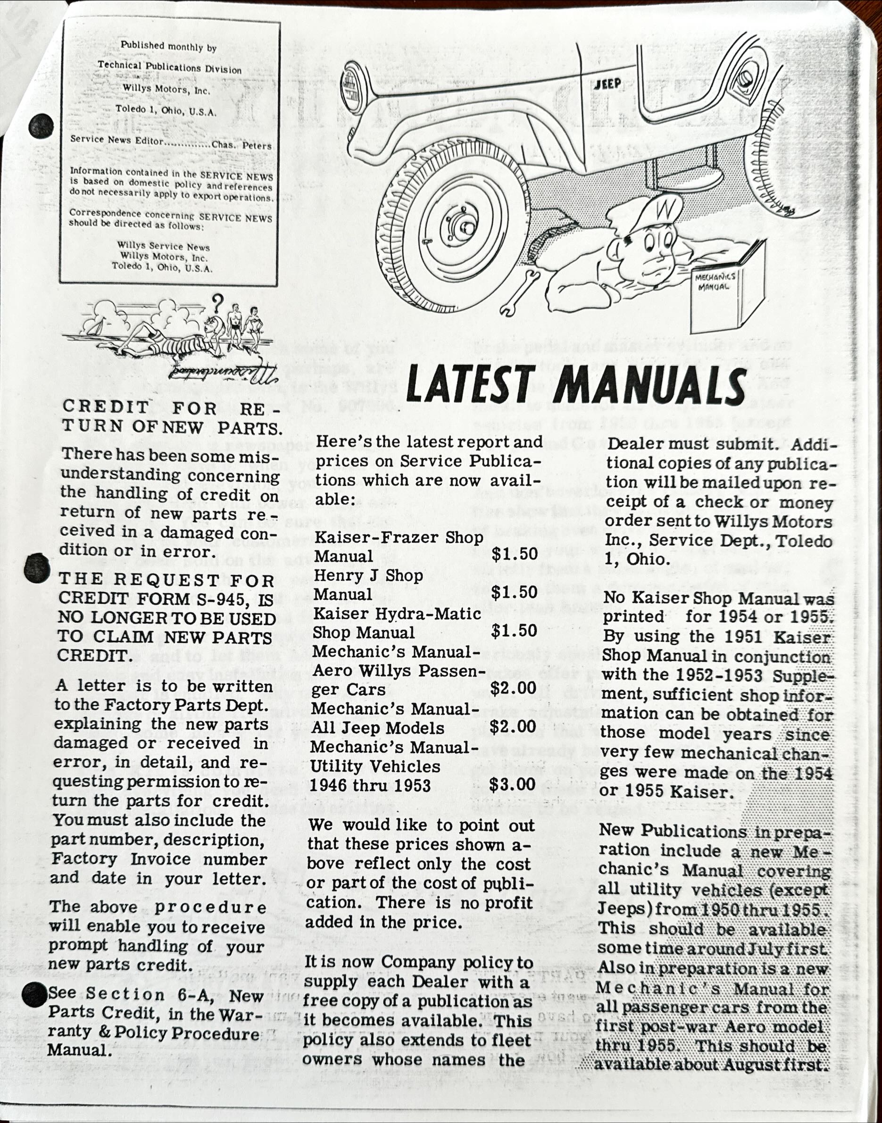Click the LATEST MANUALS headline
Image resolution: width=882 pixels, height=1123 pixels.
pyautogui.click(x=576, y=385)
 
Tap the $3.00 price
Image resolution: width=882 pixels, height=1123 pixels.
pyautogui.click(x=512, y=784)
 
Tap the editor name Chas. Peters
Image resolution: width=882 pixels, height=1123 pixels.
pyautogui.click(x=241, y=145)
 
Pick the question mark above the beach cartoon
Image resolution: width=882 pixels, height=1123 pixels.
pyautogui.click(x=218, y=301)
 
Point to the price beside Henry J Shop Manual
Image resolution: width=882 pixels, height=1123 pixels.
pyautogui.click(x=514, y=592)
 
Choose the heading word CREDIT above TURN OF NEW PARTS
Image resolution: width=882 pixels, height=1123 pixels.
pyautogui.click(x=106, y=407)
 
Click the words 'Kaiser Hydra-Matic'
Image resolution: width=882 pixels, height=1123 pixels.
pyautogui.click(x=397, y=614)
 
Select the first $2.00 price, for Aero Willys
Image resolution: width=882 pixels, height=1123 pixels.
pyautogui.click(x=513, y=688)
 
